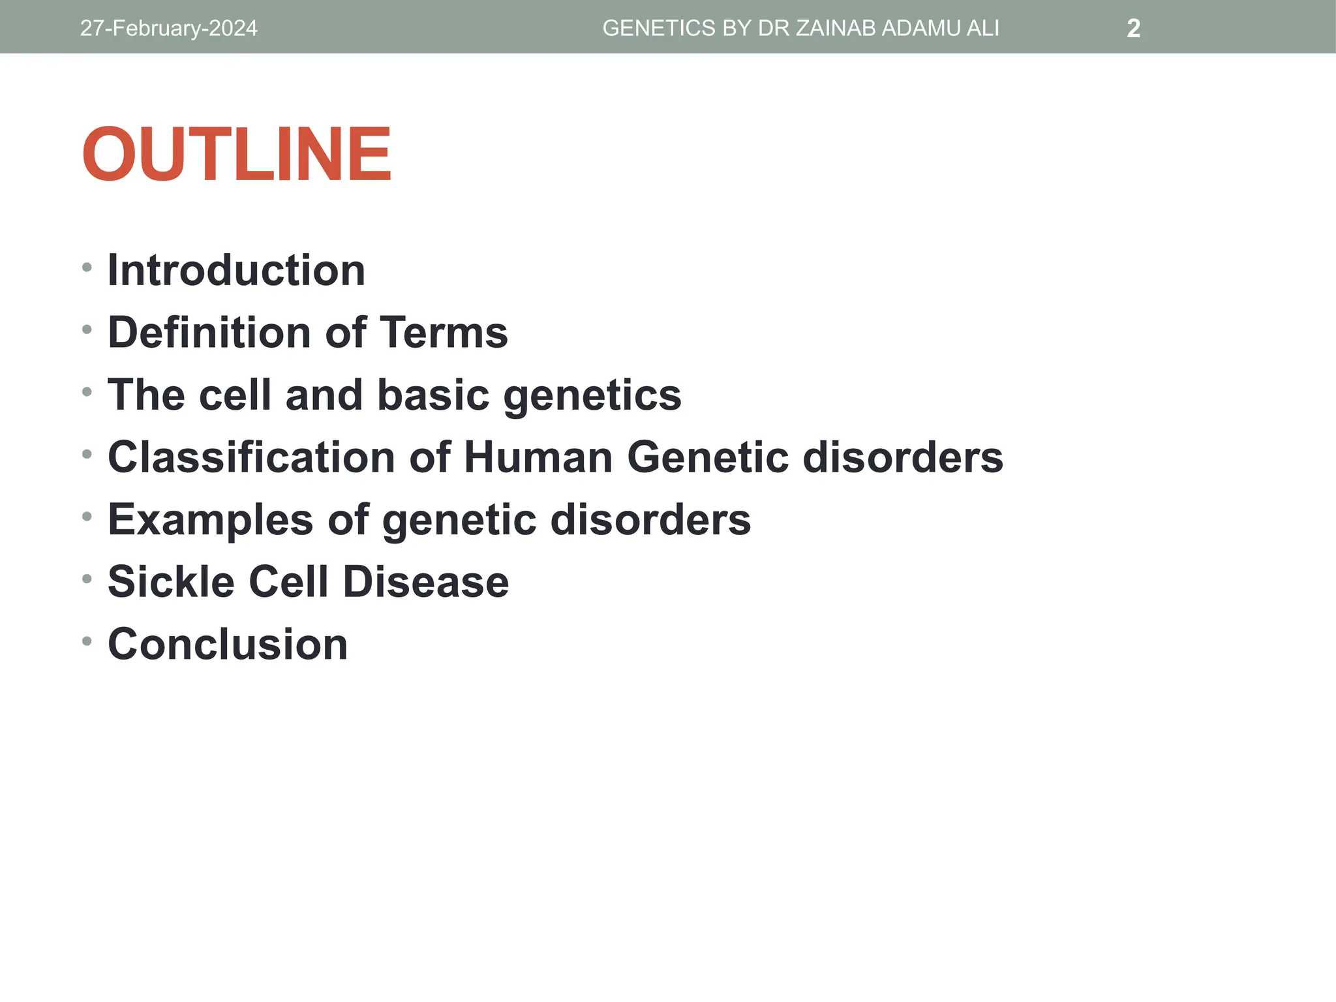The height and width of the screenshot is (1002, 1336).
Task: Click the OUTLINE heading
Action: click(236, 155)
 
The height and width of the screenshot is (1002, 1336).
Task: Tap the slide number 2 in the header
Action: click(1133, 29)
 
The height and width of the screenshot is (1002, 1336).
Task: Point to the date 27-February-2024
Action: click(168, 29)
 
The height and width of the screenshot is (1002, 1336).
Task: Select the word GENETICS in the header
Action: click(659, 29)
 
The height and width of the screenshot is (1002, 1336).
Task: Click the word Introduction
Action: click(236, 270)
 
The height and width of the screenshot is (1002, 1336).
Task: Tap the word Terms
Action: click(444, 333)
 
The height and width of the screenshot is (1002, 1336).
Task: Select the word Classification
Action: click(251, 457)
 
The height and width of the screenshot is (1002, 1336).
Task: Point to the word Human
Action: click(538, 457)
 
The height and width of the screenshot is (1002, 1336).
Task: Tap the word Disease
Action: click(425, 582)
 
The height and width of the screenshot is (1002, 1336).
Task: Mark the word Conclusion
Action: click(228, 645)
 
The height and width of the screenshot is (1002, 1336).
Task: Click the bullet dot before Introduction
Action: click(87, 267)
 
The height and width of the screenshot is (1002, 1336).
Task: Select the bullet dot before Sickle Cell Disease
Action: click(87, 579)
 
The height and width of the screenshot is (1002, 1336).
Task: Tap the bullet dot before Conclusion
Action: click(87, 641)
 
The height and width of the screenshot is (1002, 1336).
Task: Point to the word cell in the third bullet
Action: click(235, 395)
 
